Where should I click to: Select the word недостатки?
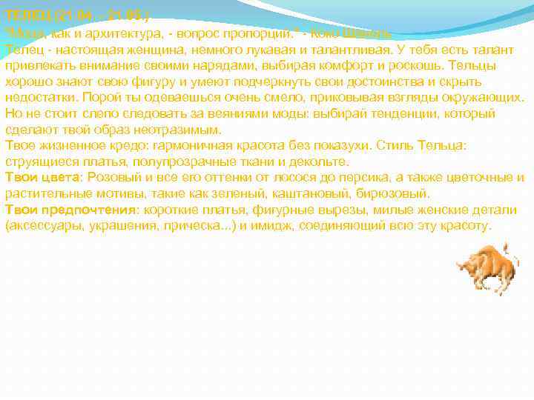click(x=42, y=98)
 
